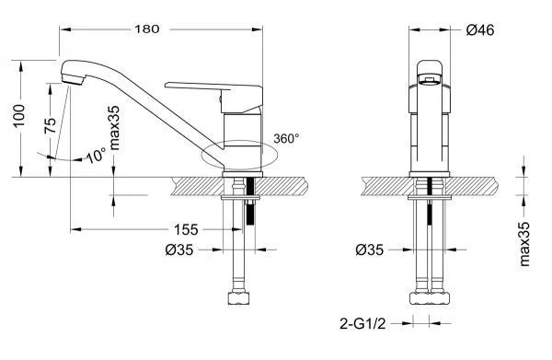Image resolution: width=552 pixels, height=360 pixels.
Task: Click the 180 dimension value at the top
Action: coord(147,29)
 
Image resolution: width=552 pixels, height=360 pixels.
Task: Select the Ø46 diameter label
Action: coord(480,30)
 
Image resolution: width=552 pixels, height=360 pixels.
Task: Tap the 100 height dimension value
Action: coord(18,116)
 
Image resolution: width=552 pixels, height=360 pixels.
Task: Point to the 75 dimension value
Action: coord(50,125)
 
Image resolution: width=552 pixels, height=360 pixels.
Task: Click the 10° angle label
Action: coord(96,155)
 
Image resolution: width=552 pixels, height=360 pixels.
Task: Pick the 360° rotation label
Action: coord(286,138)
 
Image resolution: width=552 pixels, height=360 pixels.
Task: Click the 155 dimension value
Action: coord(186,229)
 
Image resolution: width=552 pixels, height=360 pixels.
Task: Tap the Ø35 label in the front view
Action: coord(369,250)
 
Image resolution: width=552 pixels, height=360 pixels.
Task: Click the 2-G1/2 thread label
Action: coord(362,323)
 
